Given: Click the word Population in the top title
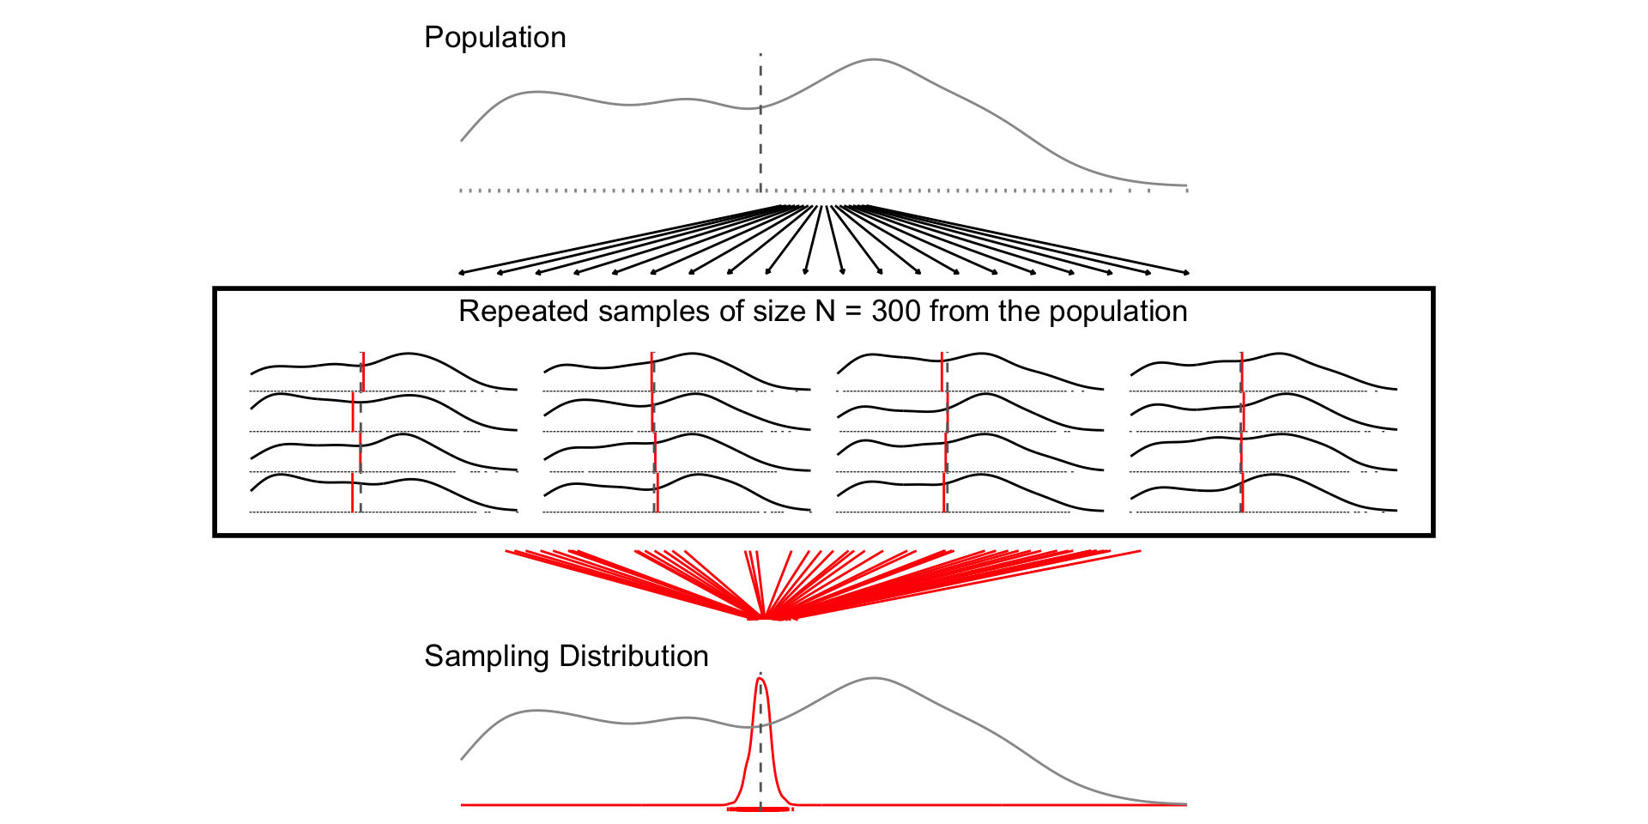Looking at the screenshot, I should [495, 38].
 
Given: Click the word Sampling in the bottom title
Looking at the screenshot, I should [487, 657].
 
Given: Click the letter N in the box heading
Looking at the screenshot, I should [825, 312].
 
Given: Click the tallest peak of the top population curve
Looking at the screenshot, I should [873, 60].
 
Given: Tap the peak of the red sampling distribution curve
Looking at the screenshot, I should [760, 679].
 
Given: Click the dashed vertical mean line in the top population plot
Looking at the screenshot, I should [760, 137].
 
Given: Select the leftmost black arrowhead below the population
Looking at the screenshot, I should [462, 273].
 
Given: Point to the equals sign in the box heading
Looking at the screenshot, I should [853, 312].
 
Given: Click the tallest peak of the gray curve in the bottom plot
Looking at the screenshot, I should [873, 679].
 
